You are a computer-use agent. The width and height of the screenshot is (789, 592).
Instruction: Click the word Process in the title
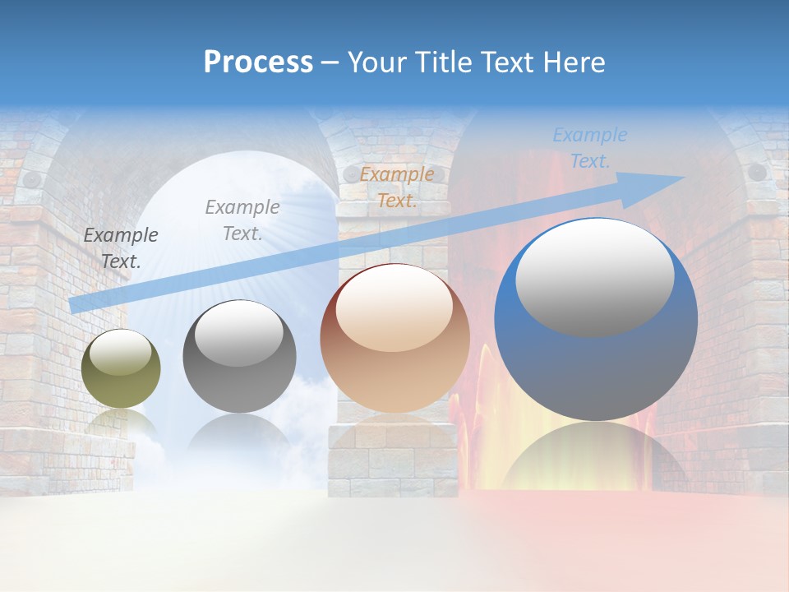point(258,62)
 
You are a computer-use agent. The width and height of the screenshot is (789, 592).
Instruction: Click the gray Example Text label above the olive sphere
point(121,247)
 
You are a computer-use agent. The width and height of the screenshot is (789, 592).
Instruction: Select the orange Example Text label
point(397,187)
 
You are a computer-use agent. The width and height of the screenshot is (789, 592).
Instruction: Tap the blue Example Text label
point(590,148)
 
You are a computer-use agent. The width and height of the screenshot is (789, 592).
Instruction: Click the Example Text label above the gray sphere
point(242,220)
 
